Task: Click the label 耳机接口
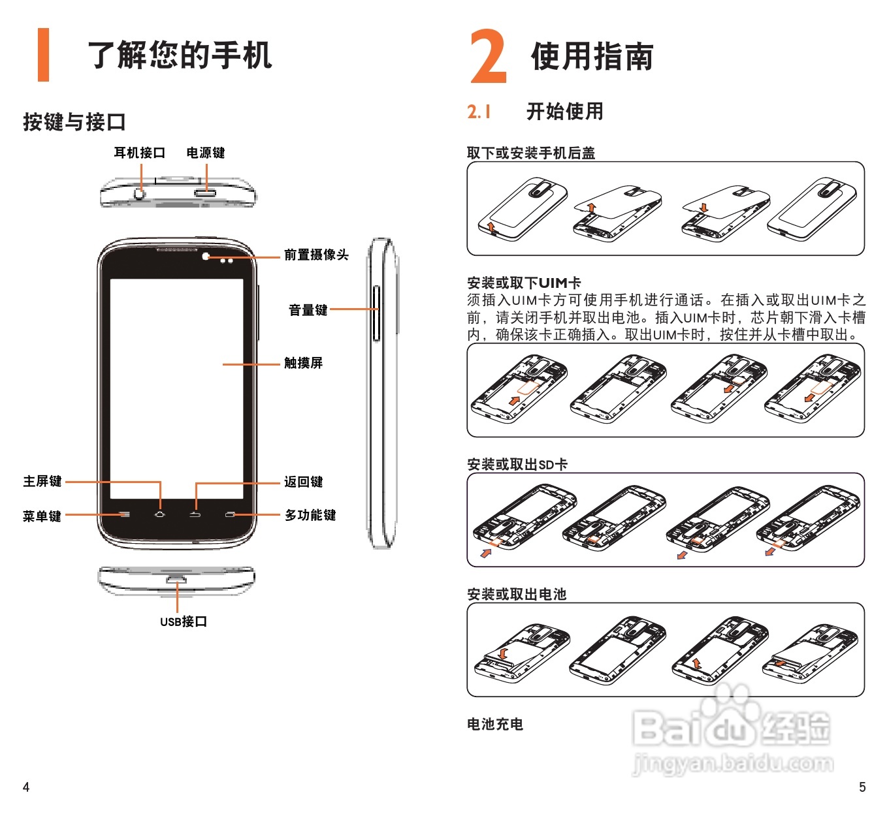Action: (139, 153)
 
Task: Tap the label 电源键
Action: (206, 153)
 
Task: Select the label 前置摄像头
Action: (316, 255)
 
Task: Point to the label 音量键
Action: (308, 310)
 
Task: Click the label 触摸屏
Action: (303, 363)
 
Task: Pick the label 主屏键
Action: (42, 481)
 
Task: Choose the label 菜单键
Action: (42, 516)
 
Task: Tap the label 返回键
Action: (303, 482)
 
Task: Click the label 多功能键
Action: (310, 515)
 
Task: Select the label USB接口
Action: (184, 621)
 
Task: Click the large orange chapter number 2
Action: (489, 57)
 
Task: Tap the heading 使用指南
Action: (592, 56)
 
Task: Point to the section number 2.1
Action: (479, 112)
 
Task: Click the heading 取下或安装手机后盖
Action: (531, 153)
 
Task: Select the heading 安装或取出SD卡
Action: (517, 464)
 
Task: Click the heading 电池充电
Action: (495, 724)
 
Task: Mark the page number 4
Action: (26, 787)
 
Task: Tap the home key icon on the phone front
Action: (160, 514)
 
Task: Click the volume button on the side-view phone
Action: (376, 313)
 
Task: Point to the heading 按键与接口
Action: (74, 122)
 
